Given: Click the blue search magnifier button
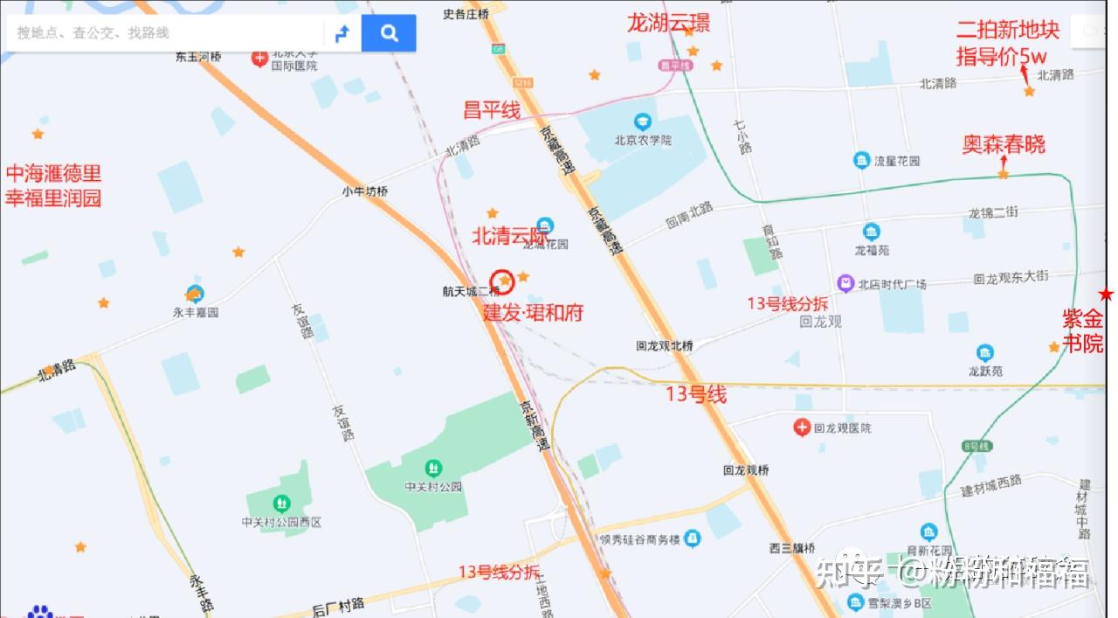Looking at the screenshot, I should point(389,33).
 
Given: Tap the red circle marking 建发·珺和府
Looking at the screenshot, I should point(503,281).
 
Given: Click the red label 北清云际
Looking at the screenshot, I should point(510,235).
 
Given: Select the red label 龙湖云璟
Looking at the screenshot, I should point(668,23).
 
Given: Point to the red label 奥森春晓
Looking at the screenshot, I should point(1004,144).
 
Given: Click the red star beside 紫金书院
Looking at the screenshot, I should point(1107,295).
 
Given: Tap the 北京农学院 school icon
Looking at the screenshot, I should point(643,121).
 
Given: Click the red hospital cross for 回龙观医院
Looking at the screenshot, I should point(802,427).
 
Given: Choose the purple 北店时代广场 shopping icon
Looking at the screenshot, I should point(845,283).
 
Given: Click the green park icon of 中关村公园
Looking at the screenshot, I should point(433,469).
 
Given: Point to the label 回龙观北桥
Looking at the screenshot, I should point(665,346).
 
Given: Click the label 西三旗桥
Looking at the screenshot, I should point(792,549).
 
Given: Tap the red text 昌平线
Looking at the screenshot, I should point(492,111).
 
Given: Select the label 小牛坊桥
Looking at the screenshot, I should point(365,191).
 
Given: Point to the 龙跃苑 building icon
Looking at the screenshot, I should point(985,353).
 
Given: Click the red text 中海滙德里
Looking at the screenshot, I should point(54,173).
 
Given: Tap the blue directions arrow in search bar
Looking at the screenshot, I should point(342,33).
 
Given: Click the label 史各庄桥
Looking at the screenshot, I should point(466,13).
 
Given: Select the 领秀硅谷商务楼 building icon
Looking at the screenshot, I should point(693,538).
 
